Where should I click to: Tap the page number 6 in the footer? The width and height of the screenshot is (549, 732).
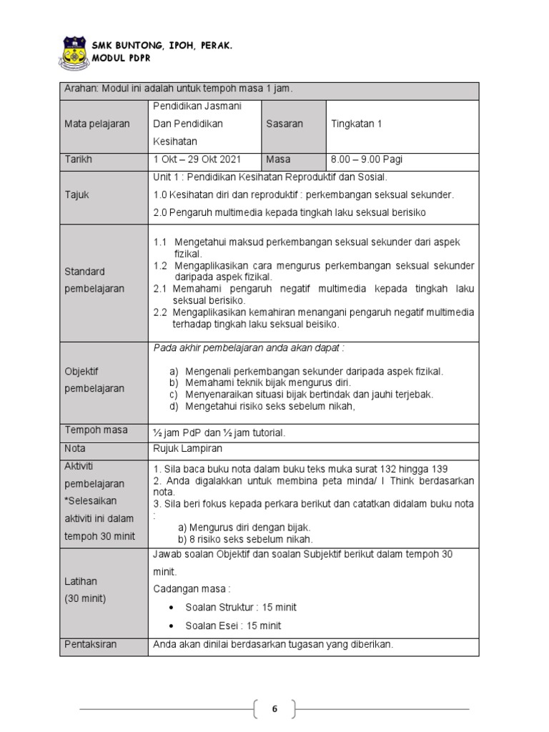[274, 709]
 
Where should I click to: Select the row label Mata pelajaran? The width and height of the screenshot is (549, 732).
[97, 124]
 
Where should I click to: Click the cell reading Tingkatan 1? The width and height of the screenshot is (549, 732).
[357, 124]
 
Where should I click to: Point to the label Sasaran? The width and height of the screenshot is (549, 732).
[285, 124]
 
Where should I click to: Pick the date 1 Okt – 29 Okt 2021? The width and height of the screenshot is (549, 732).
[197, 159]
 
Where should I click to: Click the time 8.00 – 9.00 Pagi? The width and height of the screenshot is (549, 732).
[367, 159]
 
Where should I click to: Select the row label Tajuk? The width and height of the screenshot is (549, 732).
[77, 194]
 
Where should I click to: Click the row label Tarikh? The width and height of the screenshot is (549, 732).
[79, 159]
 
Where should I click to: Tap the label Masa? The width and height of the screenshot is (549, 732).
[278, 159]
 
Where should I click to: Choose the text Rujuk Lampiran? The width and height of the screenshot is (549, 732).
[188, 448]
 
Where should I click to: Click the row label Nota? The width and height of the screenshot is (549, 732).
[75, 448]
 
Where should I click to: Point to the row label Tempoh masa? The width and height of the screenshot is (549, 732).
[97, 430]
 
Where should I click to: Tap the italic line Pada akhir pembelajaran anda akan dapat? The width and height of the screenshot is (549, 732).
[249, 348]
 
